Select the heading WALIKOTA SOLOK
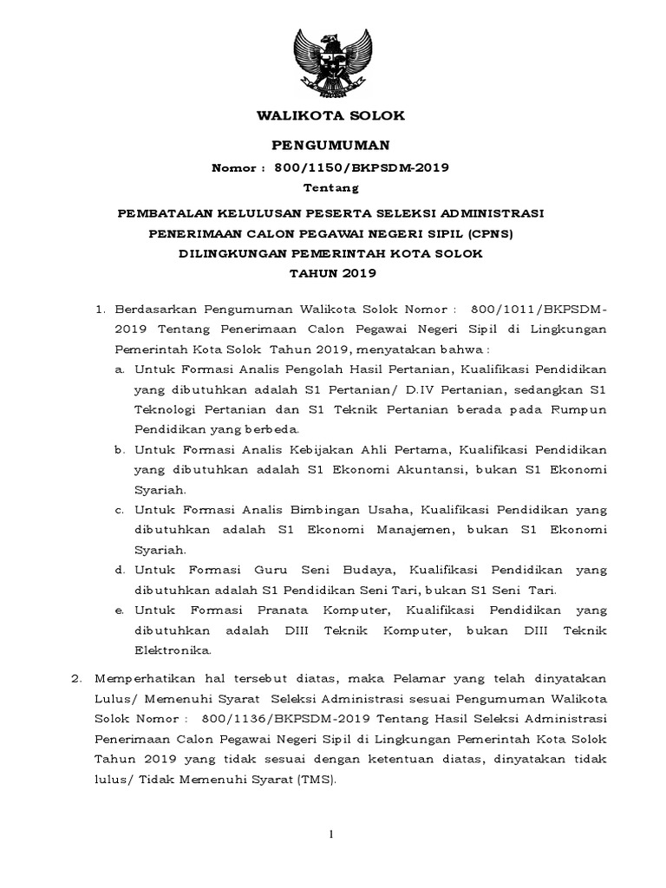[x=333, y=115]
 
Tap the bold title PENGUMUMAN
[x=333, y=144]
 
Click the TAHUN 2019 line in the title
[x=333, y=274]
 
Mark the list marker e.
[x=118, y=610]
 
